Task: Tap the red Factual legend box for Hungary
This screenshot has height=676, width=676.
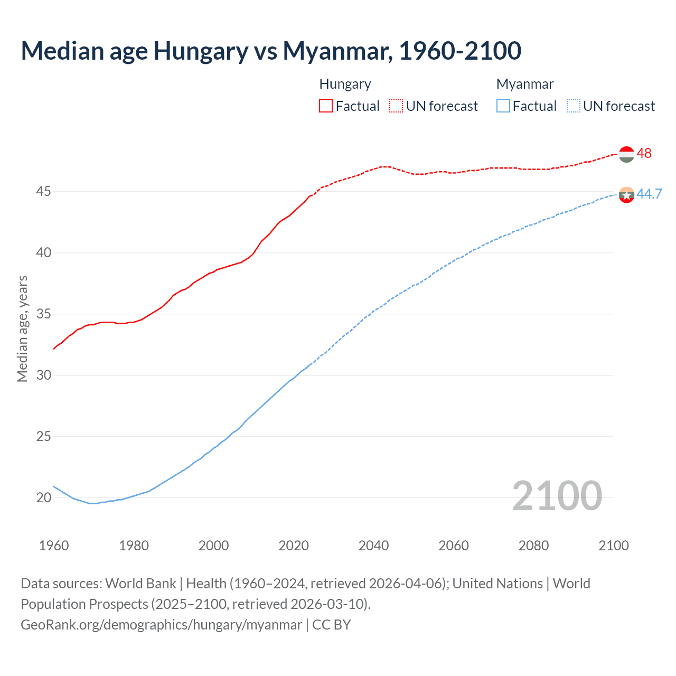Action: (326, 106)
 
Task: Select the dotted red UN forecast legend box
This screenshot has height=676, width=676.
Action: (396, 106)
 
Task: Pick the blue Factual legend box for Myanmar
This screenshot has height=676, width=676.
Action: (503, 106)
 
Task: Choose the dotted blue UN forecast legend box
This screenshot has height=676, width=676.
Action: (574, 106)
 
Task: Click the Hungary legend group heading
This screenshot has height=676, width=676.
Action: (345, 84)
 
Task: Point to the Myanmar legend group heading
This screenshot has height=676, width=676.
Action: (525, 84)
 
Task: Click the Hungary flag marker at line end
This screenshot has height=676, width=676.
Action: (626, 154)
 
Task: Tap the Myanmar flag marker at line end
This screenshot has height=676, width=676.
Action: (626, 195)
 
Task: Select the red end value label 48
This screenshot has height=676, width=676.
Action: (644, 153)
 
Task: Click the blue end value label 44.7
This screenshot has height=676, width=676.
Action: (649, 194)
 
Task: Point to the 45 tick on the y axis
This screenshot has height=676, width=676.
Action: (43, 191)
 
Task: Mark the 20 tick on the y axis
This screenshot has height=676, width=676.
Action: (43, 497)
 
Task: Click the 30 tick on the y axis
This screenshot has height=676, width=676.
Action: (43, 375)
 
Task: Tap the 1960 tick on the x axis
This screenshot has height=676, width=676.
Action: (54, 546)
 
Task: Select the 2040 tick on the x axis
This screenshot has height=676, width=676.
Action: (373, 546)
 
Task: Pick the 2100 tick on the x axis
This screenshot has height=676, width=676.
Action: (613, 546)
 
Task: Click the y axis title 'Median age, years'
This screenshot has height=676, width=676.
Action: (22, 328)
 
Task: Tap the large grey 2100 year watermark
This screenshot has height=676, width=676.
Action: (557, 495)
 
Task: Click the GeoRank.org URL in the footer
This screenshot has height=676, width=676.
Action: (161, 625)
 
